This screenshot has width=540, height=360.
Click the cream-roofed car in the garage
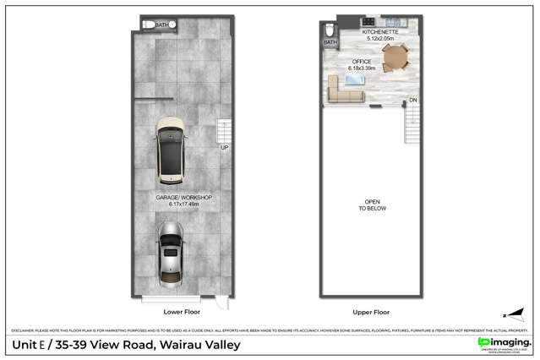[172, 150]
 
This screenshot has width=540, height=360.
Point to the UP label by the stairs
[224, 148]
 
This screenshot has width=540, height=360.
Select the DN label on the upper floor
[413, 101]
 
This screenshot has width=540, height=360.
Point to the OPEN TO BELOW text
[372, 205]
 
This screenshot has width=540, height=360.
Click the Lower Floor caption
[179, 311]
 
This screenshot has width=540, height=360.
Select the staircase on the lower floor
[224, 131]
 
